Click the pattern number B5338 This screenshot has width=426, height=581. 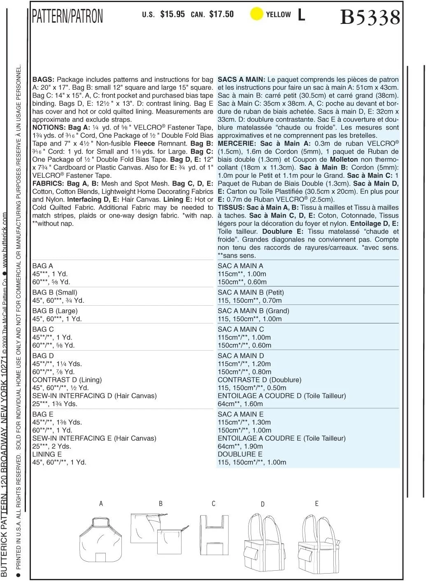point(370,17)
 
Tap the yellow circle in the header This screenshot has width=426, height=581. point(256,14)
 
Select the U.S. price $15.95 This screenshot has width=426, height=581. point(172,14)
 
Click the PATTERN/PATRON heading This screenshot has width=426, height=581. point(68,16)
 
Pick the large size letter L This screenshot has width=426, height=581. point(302,15)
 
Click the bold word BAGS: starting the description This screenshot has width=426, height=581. point(43,79)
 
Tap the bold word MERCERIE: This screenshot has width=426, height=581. point(237,144)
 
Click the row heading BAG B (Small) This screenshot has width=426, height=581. point(55,293)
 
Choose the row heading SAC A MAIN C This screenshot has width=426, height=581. point(241,329)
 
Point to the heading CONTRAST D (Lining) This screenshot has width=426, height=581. point(67,380)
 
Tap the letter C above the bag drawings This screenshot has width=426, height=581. point(214,504)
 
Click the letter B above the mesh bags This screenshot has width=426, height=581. point(161,504)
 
